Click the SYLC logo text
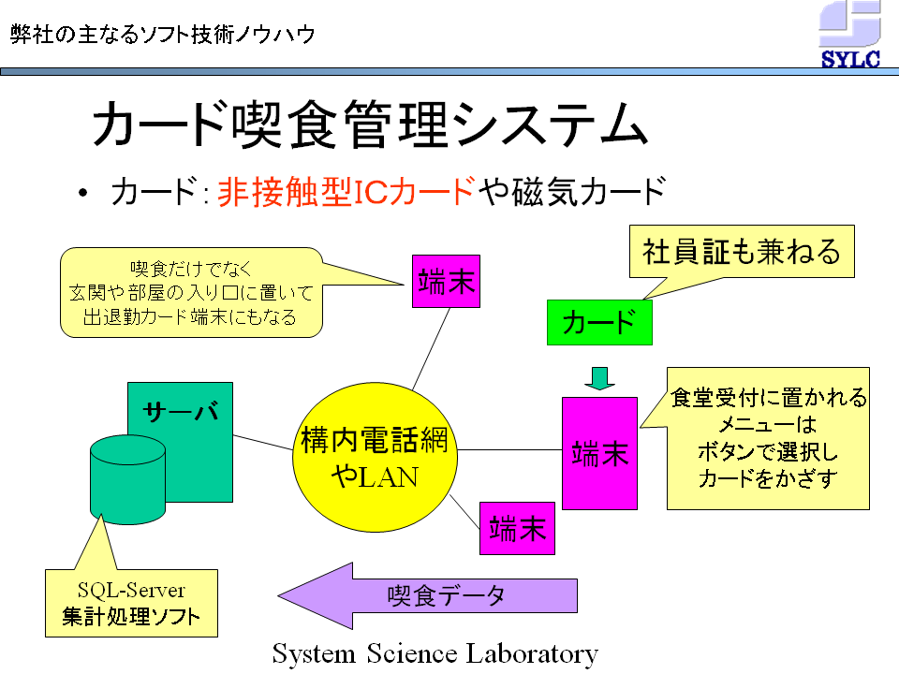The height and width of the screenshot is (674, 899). click(850, 59)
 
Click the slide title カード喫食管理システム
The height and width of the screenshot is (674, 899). click(370, 125)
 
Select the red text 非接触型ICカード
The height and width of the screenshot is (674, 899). click(346, 191)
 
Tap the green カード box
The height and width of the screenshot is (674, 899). click(599, 322)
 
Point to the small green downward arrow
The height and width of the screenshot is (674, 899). click(599, 378)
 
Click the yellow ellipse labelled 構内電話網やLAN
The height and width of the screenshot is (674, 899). click(375, 457)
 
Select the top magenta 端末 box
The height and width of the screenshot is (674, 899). click(446, 282)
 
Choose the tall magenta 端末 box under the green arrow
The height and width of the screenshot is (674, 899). click(599, 453)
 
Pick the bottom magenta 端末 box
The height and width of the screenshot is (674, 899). click(517, 528)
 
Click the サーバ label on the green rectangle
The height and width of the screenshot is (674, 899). click(181, 410)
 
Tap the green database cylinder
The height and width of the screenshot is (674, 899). click(128, 479)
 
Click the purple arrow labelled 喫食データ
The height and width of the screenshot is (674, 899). click(427, 596)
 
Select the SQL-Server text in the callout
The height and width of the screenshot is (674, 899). click(131, 590)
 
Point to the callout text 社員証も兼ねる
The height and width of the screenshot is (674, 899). click(742, 252)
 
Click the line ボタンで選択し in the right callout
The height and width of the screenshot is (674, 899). click(768, 452)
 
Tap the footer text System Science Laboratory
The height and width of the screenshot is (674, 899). click(435, 654)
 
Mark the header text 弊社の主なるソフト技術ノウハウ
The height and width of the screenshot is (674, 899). click(163, 35)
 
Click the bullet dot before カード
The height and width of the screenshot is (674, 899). click(83, 193)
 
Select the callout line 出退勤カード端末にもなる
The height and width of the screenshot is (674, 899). click(190, 317)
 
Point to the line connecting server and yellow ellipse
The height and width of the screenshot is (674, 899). click(263, 443)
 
